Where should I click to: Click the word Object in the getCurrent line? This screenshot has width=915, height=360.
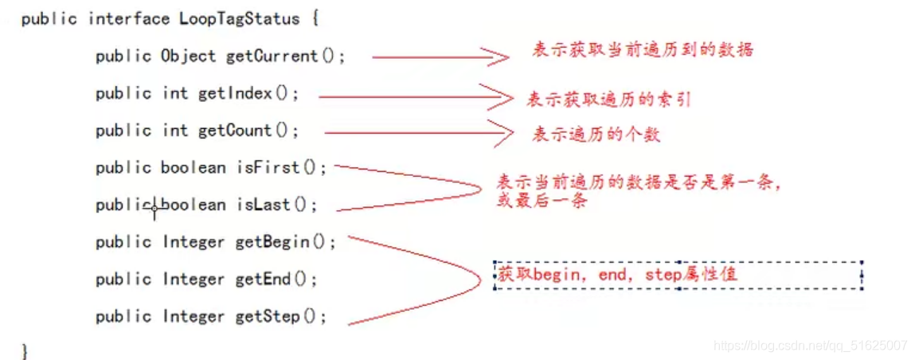point(188,56)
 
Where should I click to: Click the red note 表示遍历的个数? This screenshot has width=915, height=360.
point(596,135)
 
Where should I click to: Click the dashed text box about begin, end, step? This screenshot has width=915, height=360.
point(678,275)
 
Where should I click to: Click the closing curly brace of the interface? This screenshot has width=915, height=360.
point(25,350)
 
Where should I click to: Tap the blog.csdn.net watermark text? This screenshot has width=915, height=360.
point(810,346)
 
